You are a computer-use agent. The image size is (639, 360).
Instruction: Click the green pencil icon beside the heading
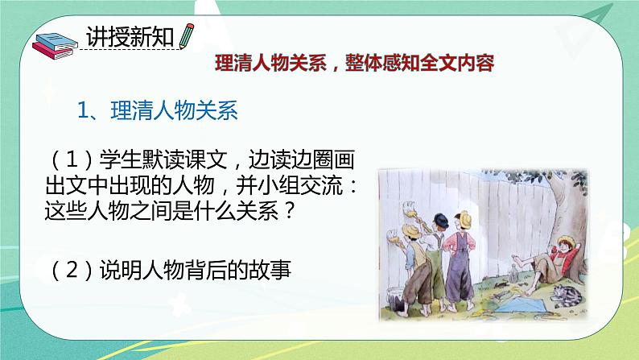pos(186,36)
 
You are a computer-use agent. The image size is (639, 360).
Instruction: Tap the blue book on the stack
pos(56,42)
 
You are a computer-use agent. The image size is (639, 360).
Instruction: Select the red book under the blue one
pos(52,52)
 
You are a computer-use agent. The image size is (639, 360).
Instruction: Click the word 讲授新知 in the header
pos(130,37)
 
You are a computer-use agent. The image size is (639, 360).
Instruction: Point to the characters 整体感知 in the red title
pos(381,63)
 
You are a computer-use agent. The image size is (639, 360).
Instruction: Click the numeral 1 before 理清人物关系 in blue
pos(83,110)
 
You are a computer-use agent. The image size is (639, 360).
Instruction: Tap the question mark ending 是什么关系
pos(288,211)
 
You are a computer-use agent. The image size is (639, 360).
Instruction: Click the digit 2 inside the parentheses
pos(72,270)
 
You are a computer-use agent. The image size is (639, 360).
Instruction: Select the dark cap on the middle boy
pos(440,220)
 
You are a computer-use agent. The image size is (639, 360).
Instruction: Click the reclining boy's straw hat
pos(567,242)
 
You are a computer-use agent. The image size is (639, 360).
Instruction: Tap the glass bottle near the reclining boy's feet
pos(513,272)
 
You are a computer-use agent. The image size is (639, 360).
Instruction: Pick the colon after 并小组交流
pos(353,187)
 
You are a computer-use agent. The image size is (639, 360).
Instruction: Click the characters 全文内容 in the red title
pos(457,63)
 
